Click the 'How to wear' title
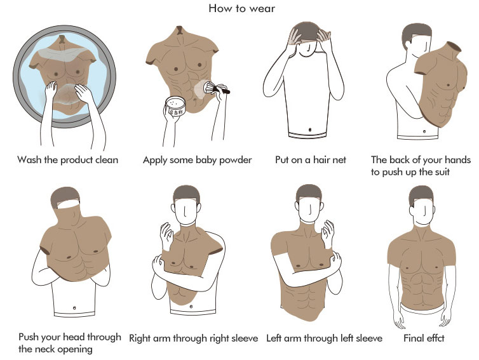pos(241,8)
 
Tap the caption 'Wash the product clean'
pos(67,160)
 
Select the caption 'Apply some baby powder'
pos(198,160)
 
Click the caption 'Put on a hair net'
pos(311,160)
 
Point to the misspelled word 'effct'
pos(434,338)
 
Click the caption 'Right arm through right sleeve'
pos(193,338)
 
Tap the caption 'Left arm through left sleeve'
pos(324,338)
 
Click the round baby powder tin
pos(175,106)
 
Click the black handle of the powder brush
pos(222,90)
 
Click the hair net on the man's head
pos(309,32)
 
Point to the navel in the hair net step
pos(310,130)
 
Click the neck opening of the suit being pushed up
pos(452,46)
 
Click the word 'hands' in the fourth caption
pos(457,160)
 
